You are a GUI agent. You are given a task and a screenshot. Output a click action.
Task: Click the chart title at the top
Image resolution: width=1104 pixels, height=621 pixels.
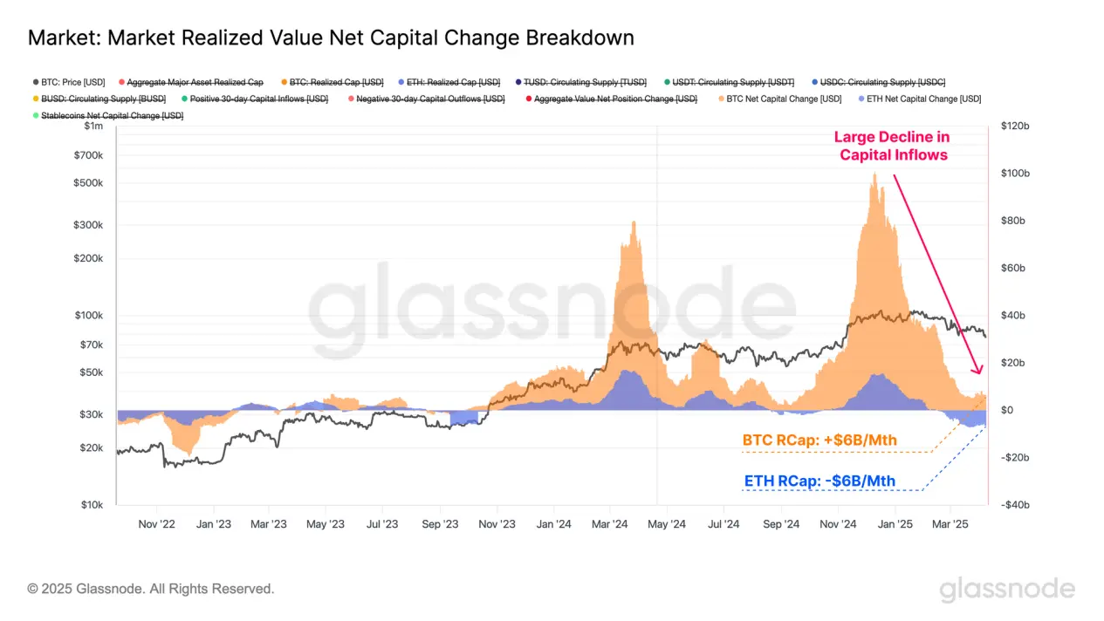click(x=331, y=38)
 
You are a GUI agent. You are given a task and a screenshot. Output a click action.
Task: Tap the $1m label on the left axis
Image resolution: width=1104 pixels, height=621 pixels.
click(x=93, y=127)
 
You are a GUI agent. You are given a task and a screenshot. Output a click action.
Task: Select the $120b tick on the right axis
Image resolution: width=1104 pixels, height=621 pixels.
click(x=1015, y=126)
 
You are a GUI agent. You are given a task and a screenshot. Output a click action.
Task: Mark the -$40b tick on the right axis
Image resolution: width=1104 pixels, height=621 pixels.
click(x=1015, y=505)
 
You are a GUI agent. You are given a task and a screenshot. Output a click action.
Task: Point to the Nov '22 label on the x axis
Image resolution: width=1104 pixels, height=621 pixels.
click(x=157, y=524)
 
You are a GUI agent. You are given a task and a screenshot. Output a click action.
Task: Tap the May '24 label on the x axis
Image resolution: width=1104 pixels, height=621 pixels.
click(x=666, y=524)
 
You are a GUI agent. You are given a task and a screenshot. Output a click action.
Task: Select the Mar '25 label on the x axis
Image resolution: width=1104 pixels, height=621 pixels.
click(x=950, y=524)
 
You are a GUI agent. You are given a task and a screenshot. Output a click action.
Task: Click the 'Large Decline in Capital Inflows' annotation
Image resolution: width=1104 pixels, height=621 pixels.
click(x=892, y=146)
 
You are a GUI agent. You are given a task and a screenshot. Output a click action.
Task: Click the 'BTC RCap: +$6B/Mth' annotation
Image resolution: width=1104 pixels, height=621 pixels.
click(x=819, y=440)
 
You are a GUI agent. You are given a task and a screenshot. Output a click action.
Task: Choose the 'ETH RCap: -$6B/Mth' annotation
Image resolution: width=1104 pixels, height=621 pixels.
click(x=819, y=481)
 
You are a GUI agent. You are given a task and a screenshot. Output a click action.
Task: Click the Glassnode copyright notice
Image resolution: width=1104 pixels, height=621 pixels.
click(x=151, y=589)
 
